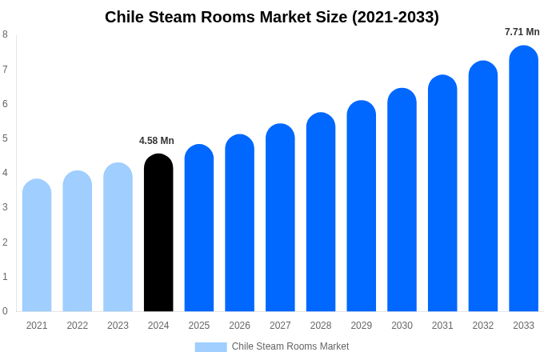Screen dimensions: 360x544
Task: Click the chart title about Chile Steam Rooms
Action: click(x=272, y=17)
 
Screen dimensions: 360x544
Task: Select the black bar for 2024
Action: click(x=158, y=233)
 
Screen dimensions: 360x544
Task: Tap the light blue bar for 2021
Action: click(x=37, y=246)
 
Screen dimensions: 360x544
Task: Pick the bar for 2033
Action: click(x=523, y=178)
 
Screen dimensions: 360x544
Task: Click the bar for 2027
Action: click(x=280, y=218)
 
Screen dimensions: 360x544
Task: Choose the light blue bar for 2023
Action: click(x=118, y=238)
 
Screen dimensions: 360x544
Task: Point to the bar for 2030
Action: click(x=402, y=200)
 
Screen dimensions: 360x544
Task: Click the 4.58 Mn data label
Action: click(x=157, y=141)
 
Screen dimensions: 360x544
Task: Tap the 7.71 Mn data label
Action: click(x=522, y=32)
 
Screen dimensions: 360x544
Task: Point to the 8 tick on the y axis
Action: click(x=5, y=34)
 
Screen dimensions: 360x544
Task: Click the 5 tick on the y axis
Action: click(x=5, y=138)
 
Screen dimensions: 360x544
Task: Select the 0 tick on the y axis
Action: click(x=5, y=311)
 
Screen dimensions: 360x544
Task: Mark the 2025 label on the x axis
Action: click(x=199, y=326)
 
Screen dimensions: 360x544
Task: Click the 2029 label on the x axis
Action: click(x=361, y=326)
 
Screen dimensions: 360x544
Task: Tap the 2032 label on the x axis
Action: click(x=482, y=326)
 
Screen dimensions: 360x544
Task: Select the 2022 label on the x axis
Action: click(x=78, y=326)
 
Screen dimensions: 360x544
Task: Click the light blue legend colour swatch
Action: click(x=210, y=346)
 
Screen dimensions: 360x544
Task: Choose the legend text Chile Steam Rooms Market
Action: click(x=290, y=346)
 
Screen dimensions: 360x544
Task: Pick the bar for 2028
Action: click(x=321, y=212)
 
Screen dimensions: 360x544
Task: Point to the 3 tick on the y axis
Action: click(x=5, y=207)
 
